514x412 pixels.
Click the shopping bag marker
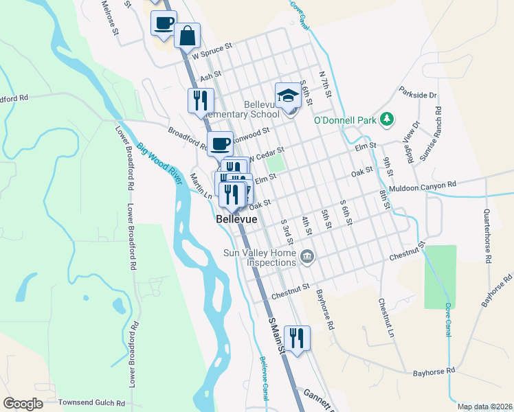point(187,35)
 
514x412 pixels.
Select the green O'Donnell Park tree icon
point(388,119)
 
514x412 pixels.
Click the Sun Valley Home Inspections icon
point(307,257)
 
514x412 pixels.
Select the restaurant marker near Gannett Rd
point(297,338)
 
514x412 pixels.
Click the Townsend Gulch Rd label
point(91,402)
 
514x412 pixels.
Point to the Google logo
point(23,404)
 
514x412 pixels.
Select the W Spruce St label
point(212,50)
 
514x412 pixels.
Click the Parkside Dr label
point(418,95)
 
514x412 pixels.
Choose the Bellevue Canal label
point(263,378)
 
